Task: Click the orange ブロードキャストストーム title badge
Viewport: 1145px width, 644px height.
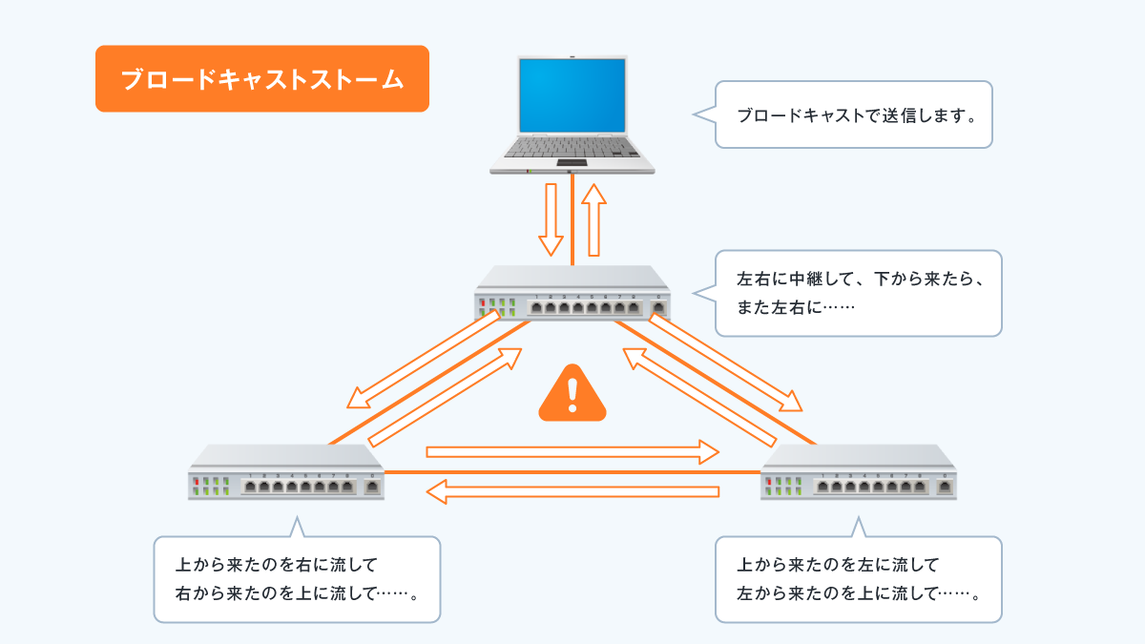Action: click(261, 79)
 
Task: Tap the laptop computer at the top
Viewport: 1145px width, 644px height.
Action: click(572, 114)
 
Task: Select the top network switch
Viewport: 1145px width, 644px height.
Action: click(572, 294)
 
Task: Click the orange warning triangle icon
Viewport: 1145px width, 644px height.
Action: click(572, 393)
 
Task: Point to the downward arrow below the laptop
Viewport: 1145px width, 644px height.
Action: click(551, 219)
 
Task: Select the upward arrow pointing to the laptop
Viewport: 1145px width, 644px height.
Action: click(594, 219)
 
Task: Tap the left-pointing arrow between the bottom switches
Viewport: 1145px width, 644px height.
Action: click(572, 492)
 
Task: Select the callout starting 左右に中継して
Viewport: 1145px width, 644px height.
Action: click(858, 293)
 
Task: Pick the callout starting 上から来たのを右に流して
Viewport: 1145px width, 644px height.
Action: click(297, 579)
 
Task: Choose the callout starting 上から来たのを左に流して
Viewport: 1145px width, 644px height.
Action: click(858, 579)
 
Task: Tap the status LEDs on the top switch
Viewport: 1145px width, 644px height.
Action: click(496, 307)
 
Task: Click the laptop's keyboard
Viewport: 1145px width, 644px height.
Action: click(572, 147)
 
